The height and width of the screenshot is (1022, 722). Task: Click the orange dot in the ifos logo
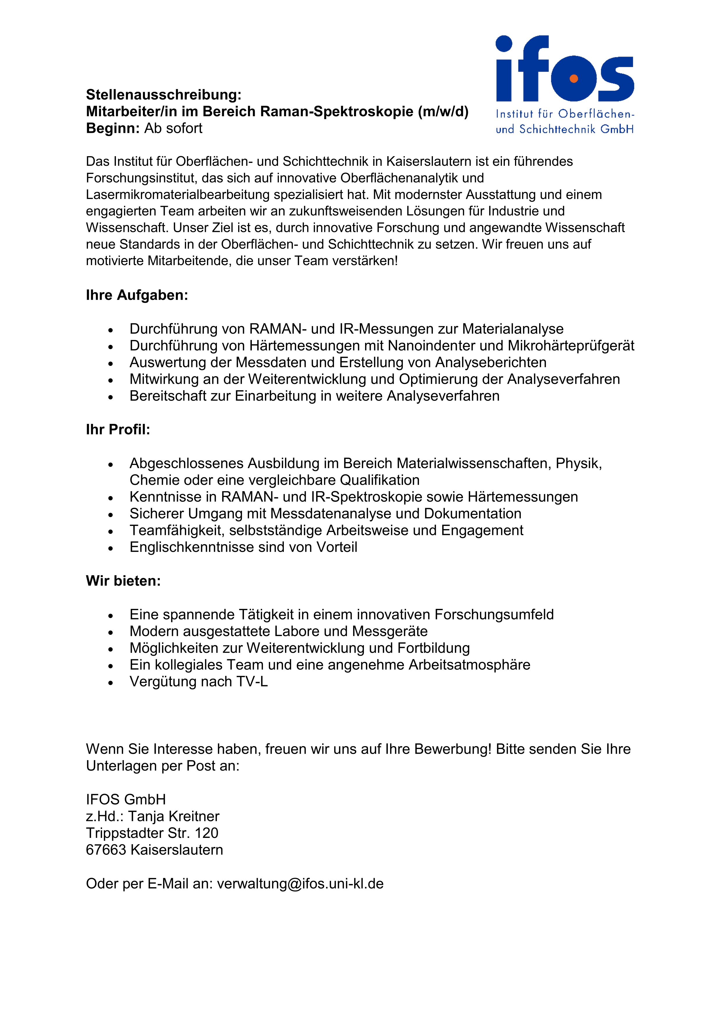click(x=574, y=79)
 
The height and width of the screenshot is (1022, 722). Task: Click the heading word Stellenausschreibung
click(x=163, y=95)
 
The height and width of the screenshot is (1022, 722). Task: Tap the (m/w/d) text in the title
click(x=443, y=111)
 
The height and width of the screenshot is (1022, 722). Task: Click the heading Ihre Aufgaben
click(x=137, y=295)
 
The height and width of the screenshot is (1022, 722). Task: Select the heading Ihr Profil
click(x=118, y=429)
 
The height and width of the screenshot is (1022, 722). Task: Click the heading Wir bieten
click(x=123, y=581)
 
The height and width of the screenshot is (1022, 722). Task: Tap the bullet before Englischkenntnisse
click(x=111, y=548)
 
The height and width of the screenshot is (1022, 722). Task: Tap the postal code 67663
click(x=106, y=850)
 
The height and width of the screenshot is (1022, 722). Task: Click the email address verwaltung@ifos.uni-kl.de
click(x=300, y=884)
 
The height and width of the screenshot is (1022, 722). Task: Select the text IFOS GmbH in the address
click(x=126, y=799)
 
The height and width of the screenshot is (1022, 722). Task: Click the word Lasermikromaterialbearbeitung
click(x=178, y=195)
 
